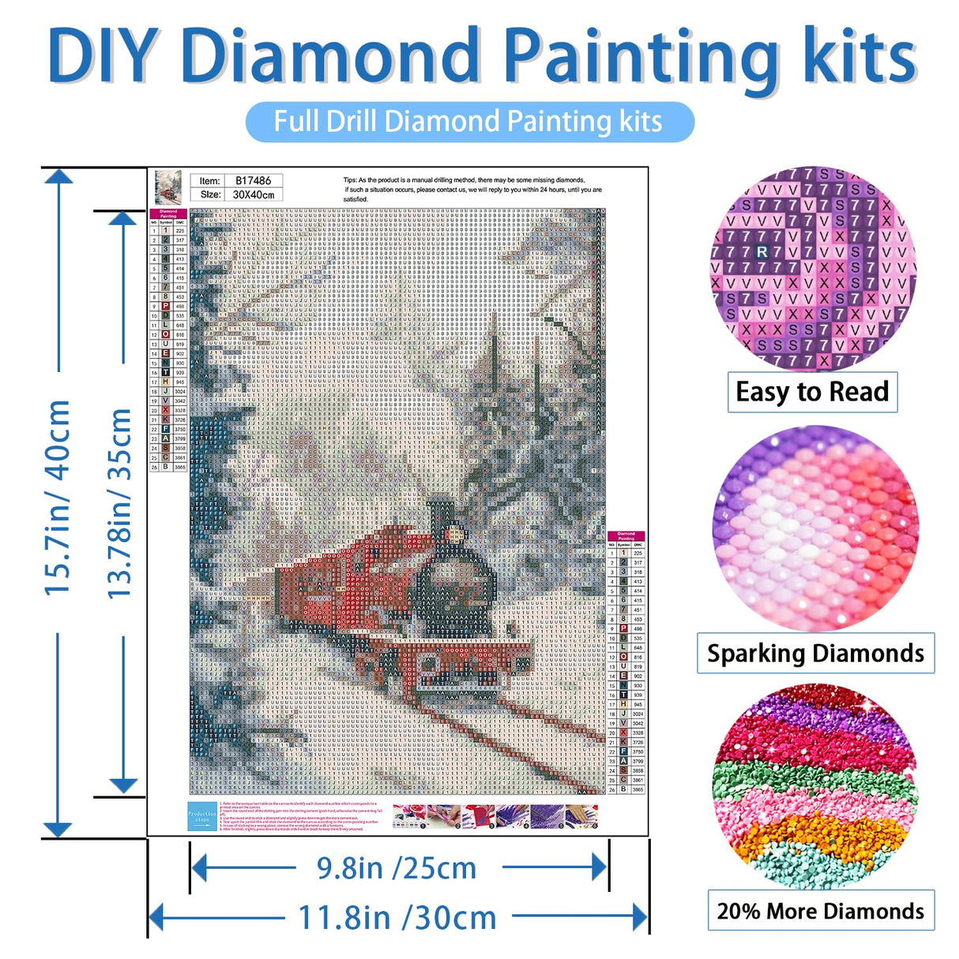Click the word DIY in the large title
tap(111, 55)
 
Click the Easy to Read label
tap(812, 392)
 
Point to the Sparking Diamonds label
tap(815, 653)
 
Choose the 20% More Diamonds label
tap(820, 911)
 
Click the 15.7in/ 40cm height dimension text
tap(58, 498)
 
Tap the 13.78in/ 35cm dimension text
tap(119, 503)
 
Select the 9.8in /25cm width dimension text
tap(397, 868)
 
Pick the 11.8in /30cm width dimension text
tap(397, 918)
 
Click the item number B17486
tap(253, 181)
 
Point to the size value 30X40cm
tap(253, 194)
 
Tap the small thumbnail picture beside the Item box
tap(167, 188)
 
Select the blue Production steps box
tap(202, 817)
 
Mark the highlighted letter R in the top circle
tap(762, 252)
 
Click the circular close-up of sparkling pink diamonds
tap(815, 529)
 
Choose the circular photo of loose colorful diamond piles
tap(815, 788)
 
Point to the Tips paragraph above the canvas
tap(472, 190)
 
